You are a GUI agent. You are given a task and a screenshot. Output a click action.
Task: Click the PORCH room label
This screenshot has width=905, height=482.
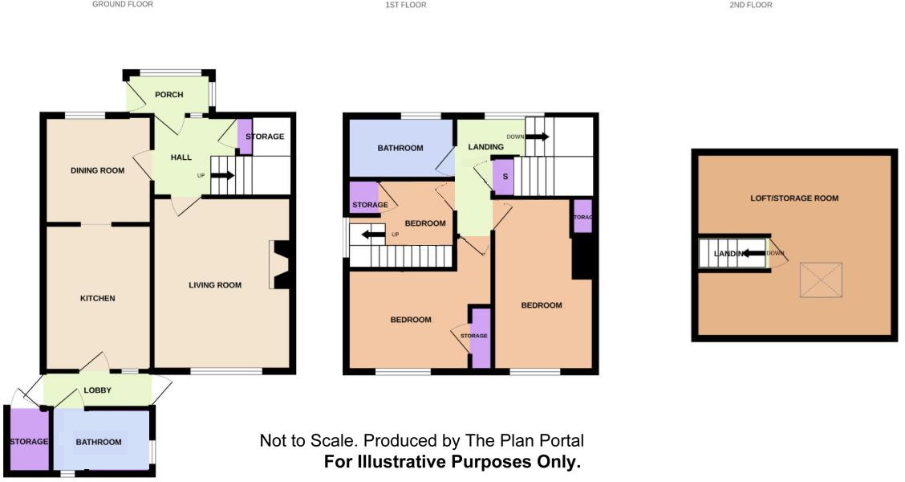pos(168,95)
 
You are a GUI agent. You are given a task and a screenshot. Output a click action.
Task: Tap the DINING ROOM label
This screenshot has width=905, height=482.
pos(98,170)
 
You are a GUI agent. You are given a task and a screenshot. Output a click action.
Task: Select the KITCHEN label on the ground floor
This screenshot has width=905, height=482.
pos(97,298)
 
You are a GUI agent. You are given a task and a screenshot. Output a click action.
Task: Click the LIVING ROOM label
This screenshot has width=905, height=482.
pos(215,285)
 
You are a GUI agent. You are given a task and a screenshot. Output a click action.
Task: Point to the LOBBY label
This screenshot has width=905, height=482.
pos(97,390)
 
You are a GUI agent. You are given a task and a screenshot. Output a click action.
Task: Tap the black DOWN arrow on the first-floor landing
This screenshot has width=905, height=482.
pos(537,137)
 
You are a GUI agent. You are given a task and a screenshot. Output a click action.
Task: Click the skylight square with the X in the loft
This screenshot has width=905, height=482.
pos(820,280)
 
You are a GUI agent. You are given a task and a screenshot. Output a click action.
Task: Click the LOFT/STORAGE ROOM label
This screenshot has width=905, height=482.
pos(794,198)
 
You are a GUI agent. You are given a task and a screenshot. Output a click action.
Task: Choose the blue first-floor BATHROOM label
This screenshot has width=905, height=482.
pos(400,148)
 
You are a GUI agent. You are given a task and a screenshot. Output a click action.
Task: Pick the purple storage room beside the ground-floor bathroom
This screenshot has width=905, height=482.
pos(28,440)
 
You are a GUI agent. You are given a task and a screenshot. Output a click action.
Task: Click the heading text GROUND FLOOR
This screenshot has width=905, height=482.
pos(123,5)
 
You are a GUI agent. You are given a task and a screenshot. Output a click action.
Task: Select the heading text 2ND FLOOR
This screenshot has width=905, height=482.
pos(750,5)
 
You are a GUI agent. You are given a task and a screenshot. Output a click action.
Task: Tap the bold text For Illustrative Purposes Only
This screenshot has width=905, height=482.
pos(452,462)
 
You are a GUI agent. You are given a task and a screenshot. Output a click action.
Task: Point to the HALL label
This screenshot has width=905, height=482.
pos(181,157)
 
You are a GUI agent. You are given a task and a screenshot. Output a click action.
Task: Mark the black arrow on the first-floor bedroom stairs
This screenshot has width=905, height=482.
pos(372,235)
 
